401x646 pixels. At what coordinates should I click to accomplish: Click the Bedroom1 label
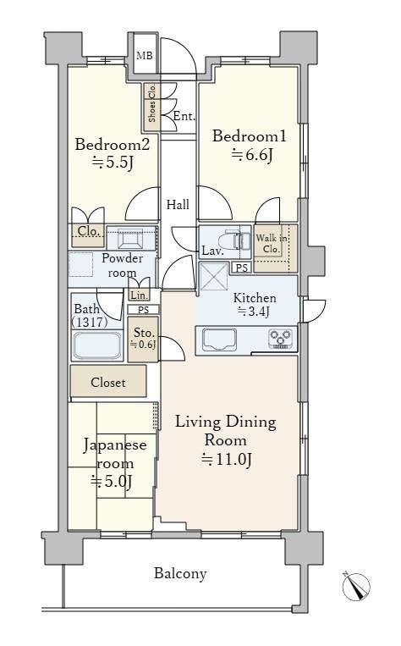coord(249,136)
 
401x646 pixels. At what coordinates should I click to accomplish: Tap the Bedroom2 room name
coord(112,145)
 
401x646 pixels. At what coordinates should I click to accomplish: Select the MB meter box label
coord(145,56)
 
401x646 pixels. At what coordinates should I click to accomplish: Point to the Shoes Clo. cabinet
coord(151,107)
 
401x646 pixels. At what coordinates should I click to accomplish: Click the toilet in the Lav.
coord(238,240)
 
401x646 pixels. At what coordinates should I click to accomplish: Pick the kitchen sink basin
coord(220,340)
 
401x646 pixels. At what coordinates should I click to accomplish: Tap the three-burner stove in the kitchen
coord(280,339)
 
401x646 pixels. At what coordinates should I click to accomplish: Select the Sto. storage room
coord(143,339)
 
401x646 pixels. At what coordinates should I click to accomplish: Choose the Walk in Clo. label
coord(271,244)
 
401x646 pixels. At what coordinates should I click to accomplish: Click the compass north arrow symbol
coord(355,586)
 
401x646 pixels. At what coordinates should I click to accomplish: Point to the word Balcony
coord(180,573)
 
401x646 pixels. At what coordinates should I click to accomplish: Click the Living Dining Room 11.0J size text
coord(226,459)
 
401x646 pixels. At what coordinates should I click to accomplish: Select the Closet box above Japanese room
coord(108,381)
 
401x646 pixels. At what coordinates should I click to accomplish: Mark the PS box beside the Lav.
coord(242,268)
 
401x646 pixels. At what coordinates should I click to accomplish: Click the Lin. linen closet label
coord(139,295)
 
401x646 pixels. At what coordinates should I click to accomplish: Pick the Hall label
coord(178,204)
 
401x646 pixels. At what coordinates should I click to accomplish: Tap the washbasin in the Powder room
coord(130,239)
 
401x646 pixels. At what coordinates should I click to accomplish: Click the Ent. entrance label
coord(184,116)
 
